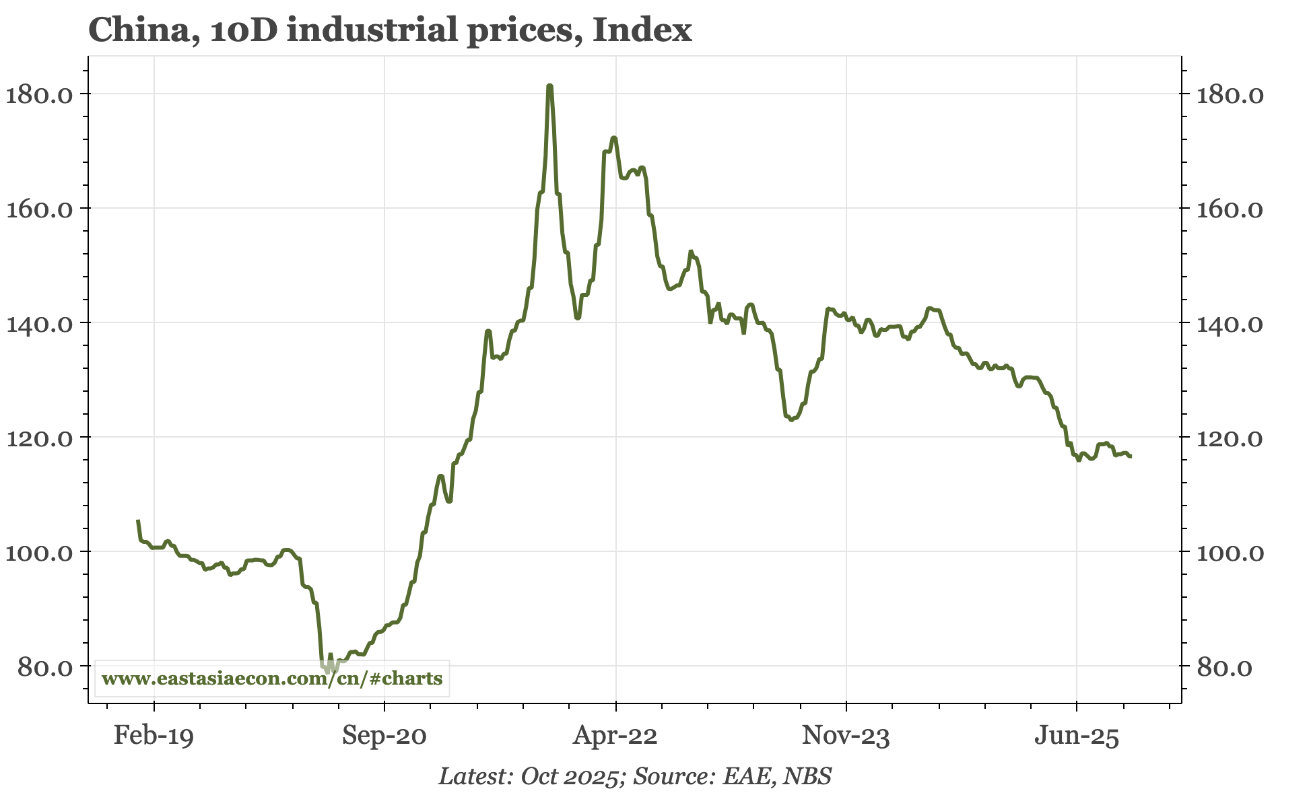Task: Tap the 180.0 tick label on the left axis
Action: [39, 94]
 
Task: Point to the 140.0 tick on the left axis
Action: [39, 323]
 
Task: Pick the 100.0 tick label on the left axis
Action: [39, 552]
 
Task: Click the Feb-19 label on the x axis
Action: [154, 736]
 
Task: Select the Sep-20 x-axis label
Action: [384, 736]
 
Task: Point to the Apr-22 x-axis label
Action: [615, 736]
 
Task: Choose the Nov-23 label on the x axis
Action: [846, 736]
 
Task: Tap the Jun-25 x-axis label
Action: [1076, 736]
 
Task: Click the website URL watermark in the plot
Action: [272, 678]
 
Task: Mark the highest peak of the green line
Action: [550, 86]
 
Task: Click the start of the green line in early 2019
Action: [138, 521]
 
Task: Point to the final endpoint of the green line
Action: [1131, 456]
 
